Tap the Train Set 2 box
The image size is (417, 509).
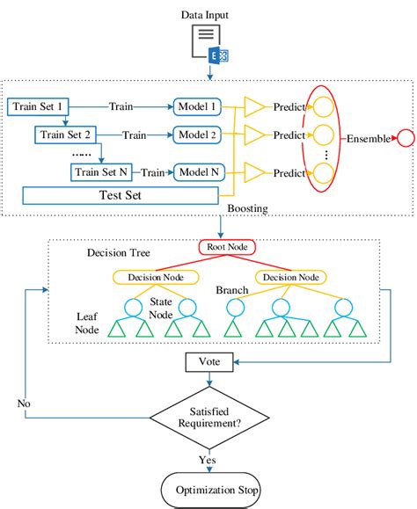67,135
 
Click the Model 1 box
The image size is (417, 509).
199,106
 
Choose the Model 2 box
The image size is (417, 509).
199,135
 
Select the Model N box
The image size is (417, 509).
200,171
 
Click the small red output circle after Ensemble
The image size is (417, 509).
406,139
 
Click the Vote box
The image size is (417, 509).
208,361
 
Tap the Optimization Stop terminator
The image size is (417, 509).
208,489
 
